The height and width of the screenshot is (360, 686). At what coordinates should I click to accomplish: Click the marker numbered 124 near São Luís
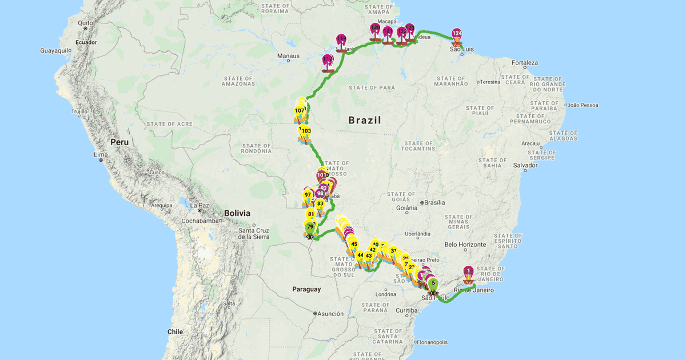pyautogui.click(x=457, y=34)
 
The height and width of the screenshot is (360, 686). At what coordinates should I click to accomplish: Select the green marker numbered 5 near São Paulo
pyautogui.click(x=433, y=282)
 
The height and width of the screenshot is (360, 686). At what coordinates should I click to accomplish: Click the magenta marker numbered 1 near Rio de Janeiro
pyautogui.click(x=468, y=271)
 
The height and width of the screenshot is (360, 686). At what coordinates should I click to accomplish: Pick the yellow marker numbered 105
pyautogui.click(x=306, y=131)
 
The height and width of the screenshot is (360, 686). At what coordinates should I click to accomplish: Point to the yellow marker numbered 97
pyautogui.click(x=308, y=195)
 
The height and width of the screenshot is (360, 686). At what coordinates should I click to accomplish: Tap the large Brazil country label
pyautogui.click(x=365, y=120)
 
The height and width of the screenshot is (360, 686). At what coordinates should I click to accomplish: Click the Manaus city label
pyautogui.click(x=288, y=56)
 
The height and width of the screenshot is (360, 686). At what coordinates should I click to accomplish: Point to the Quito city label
pyautogui.click(x=85, y=23)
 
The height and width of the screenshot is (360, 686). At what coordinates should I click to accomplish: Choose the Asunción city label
pyautogui.click(x=332, y=314)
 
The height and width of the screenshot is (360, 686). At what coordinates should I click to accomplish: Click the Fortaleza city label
pyautogui.click(x=525, y=63)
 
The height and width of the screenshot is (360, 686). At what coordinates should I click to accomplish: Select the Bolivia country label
pyautogui.click(x=237, y=213)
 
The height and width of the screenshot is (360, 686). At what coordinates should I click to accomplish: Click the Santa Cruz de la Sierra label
pyautogui.click(x=254, y=233)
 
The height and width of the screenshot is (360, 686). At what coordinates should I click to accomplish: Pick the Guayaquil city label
pyautogui.click(x=55, y=50)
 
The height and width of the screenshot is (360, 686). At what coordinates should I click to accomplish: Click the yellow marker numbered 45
pyautogui.click(x=354, y=245)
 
